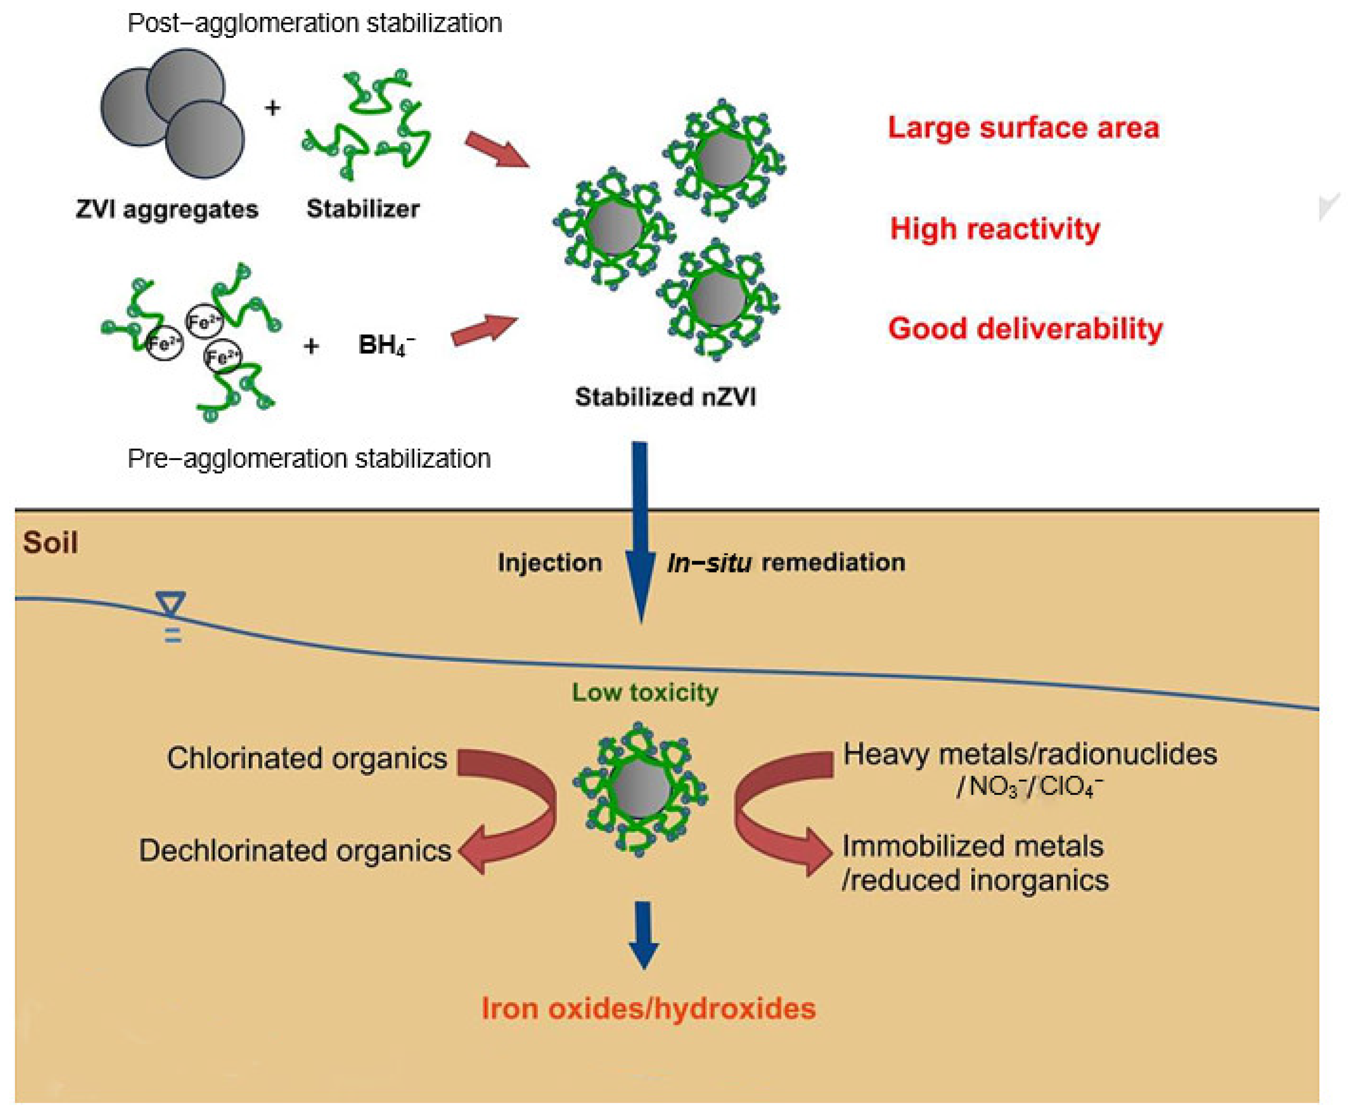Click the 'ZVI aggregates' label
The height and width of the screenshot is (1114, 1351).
(x=167, y=209)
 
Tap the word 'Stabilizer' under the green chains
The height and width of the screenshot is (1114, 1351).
(x=363, y=208)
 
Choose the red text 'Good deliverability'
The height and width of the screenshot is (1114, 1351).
(x=1025, y=328)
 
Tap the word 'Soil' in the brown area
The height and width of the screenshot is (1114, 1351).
(x=50, y=543)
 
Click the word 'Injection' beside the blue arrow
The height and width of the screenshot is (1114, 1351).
(x=550, y=563)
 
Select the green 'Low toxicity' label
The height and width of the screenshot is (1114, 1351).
(x=645, y=692)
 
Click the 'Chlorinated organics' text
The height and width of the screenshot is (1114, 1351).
(x=307, y=758)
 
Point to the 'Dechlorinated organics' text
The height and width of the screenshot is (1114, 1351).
(x=295, y=850)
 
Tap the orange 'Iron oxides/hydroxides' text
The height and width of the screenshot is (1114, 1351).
(x=649, y=1008)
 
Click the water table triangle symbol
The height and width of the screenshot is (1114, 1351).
(x=171, y=603)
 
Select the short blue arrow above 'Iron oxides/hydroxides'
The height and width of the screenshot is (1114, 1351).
(x=644, y=933)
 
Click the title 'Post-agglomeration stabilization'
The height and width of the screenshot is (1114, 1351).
(x=314, y=23)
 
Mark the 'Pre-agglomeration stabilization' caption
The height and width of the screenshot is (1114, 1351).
(x=309, y=459)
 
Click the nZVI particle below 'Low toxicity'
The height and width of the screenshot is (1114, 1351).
(x=640, y=789)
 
